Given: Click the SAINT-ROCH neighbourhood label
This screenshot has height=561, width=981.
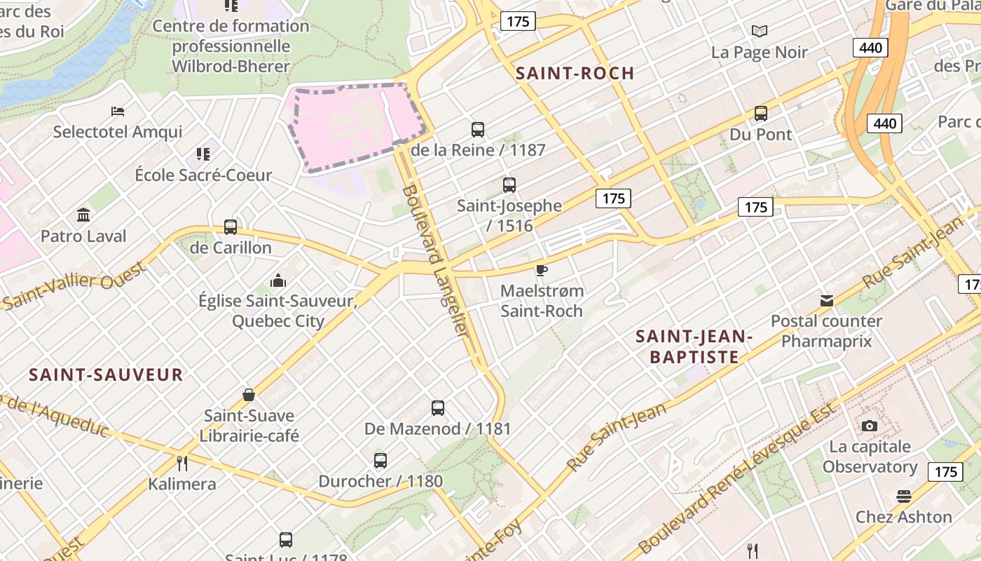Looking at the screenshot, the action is tap(575, 73).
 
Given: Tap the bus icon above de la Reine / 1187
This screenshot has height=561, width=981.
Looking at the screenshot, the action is tap(478, 130).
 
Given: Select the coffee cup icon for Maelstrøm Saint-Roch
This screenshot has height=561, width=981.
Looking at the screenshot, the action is tap(541, 271).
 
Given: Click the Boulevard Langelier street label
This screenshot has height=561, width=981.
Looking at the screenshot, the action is tap(435, 259).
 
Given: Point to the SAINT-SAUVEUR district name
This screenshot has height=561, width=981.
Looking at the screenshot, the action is tap(106, 374).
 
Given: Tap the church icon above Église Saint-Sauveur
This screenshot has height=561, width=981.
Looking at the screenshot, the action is tap(278, 281).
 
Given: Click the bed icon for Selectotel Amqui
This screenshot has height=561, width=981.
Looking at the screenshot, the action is tap(118, 111).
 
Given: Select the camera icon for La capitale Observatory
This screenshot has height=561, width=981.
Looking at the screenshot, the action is tap(869, 426).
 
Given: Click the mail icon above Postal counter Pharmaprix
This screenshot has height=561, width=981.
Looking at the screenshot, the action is tap(827, 301).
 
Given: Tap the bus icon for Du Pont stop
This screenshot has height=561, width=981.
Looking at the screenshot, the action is tap(761, 114).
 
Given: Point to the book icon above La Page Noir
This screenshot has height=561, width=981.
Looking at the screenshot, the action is tap(760, 32).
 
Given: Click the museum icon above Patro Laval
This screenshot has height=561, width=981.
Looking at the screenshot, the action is tap(83, 215).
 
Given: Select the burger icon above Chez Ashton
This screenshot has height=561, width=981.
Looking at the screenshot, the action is tap(903, 496).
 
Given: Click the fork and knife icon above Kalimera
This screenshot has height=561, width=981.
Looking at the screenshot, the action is tap(182, 464).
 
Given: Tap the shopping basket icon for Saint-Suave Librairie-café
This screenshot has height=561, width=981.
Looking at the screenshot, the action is tap(249, 395).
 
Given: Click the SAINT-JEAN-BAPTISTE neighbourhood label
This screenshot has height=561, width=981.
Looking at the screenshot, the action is tap(694, 346).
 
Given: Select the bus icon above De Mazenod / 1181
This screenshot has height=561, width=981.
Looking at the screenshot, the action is tap(438, 408).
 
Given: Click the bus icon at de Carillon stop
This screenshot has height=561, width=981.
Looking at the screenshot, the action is tap(231, 227).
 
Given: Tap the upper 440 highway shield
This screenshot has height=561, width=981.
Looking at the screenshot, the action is tap(870, 48).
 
